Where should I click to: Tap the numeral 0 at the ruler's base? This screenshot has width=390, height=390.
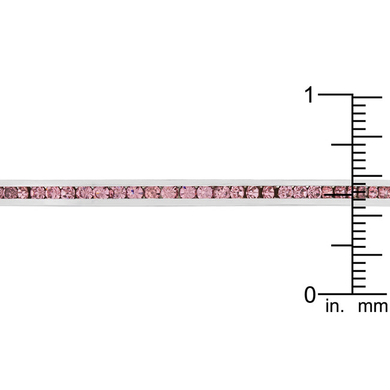coord(310,295)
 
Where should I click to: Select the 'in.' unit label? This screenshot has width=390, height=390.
coord(335,307)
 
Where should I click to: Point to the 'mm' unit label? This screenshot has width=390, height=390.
coord(373,307)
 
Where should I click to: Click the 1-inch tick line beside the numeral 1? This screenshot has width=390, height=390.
coord(335,95)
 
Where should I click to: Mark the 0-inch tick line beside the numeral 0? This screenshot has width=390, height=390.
coord(335,294)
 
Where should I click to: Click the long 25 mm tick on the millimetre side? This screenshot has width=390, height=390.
coord(367,97)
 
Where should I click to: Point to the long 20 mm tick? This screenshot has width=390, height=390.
coord(367,137)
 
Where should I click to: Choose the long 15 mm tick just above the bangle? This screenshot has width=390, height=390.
coord(367,176)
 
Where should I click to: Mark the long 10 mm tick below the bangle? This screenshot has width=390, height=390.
coord(367,215)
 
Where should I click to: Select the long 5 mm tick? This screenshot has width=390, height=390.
coord(367,254)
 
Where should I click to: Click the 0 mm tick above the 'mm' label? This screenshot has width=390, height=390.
coord(367,294)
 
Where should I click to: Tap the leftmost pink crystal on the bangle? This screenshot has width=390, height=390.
coord(9,193)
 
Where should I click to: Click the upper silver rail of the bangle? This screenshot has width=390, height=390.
coord(180,182)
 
